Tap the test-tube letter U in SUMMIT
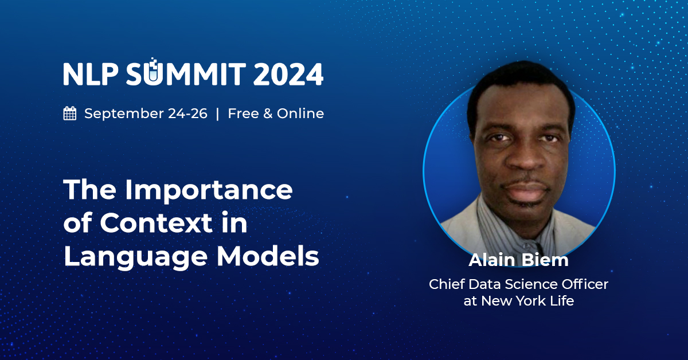pos(153,73)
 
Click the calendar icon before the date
pos(70,114)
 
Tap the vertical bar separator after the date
pos(217,114)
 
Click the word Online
pos(300,114)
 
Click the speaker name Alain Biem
pos(518,260)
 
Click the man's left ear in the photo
pos(569,143)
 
